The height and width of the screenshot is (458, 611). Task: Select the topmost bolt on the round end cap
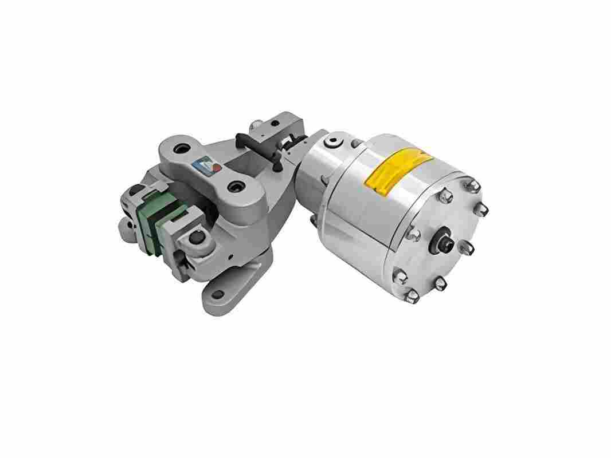point(473,185)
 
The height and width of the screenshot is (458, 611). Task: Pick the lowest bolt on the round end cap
point(412,295)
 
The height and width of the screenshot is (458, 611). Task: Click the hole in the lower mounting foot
point(218,295)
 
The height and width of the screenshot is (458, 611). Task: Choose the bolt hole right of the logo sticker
point(234,187)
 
